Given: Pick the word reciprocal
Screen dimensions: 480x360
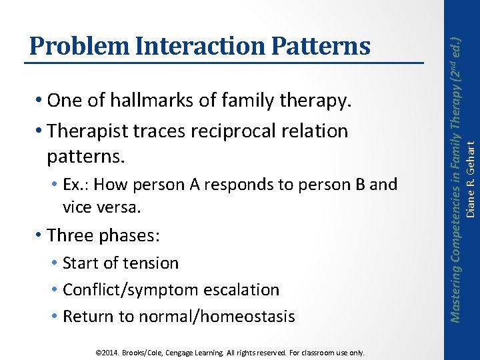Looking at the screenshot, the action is point(235,131).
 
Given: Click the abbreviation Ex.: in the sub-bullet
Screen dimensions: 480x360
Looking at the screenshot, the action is point(78,184).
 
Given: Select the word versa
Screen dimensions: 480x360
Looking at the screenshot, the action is point(122,207).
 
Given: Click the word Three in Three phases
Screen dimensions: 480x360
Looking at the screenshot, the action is point(71,235).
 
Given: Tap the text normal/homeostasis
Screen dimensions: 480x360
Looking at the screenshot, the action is point(228,316).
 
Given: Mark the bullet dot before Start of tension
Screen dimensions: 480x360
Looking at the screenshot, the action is point(53,263).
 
